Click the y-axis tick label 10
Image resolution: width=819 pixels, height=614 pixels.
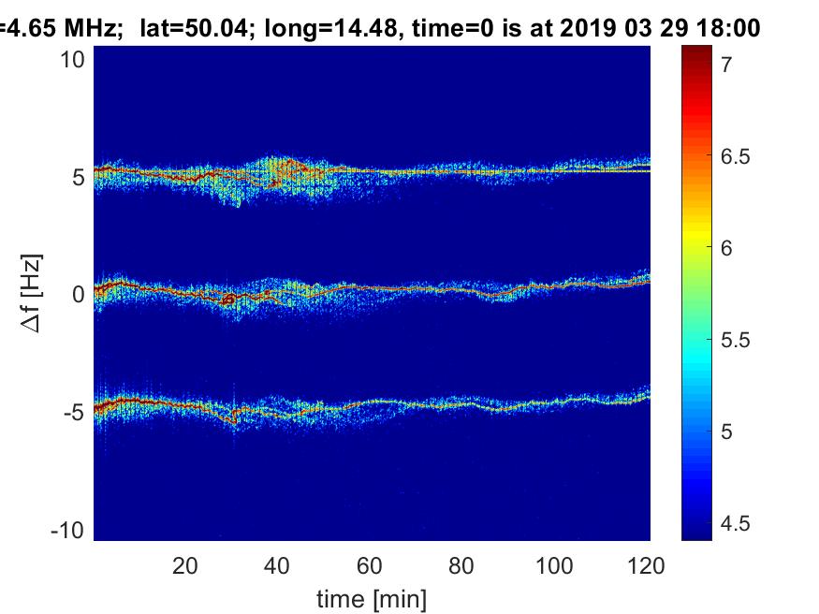click(x=72, y=60)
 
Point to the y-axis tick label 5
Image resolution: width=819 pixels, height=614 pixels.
click(x=79, y=178)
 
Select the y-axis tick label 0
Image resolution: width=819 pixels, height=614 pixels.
click(x=79, y=295)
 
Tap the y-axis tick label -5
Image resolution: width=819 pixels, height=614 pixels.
click(x=74, y=413)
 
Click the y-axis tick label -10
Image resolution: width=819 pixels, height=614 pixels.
click(x=67, y=531)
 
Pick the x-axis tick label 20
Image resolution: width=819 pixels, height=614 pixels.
click(x=185, y=566)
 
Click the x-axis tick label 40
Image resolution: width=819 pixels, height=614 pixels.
click(x=277, y=566)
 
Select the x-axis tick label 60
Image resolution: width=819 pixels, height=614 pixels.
click(x=370, y=566)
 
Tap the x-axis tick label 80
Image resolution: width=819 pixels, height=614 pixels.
click(x=461, y=566)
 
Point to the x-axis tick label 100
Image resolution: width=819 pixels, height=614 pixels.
click(x=554, y=566)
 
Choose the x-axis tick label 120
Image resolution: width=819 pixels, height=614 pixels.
click(x=646, y=566)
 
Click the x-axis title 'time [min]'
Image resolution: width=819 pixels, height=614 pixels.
click(x=372, y=599)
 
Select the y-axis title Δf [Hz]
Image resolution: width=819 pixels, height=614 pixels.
click(x=31, y=293)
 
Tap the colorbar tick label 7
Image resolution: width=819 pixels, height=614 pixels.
click(x=726, y=65)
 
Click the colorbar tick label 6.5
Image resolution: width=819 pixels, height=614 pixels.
click(x=736, y=156)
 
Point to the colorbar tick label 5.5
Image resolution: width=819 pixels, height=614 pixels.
click(x=736, y=341)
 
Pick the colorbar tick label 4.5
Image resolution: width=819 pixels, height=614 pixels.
click(x=736, y=523)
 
